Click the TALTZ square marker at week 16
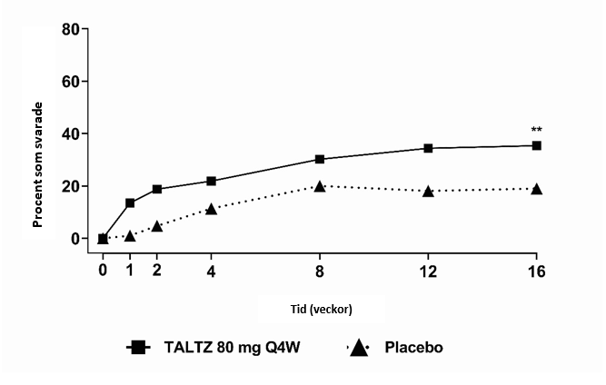click(537, 145)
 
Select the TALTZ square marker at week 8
click(320, 159)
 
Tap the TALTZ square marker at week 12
click(428, 148)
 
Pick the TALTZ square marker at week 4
click(211, 181)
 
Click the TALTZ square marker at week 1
click(130, 202)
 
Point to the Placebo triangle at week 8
click(320, 186)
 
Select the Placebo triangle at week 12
click(428, 191)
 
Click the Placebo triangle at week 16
click(537, 189)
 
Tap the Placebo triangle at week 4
click(211, 209)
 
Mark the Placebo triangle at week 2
click(157, 226)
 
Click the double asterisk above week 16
click(537, 130)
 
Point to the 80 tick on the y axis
click(68, 29)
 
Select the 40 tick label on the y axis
click(68, 133)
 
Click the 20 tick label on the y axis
click(68, 186)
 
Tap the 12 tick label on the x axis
click(428, 270)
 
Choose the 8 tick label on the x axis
click(320, 270)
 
